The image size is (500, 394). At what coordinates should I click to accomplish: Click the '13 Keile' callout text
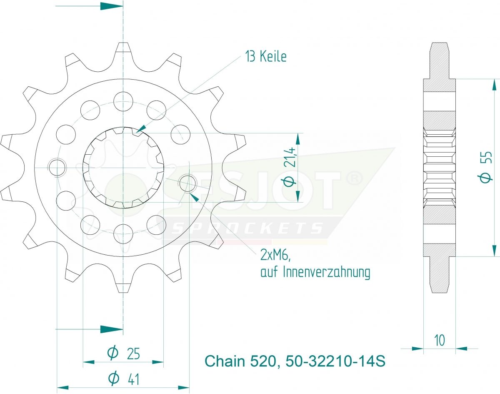coord(266,57)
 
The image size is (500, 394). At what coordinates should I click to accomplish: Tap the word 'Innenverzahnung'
coord(327,272)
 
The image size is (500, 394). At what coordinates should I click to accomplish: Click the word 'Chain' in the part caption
coord(225,361)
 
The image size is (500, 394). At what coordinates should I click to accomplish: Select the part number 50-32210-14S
coord(335,361)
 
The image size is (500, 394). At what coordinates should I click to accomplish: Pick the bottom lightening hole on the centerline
coord(123,233)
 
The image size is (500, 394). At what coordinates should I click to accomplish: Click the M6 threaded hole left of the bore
coord(57,167)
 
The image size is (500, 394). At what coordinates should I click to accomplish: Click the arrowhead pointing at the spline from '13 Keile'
coord(141,128)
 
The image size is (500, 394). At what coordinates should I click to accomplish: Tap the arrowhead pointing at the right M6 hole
coord(195,198)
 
